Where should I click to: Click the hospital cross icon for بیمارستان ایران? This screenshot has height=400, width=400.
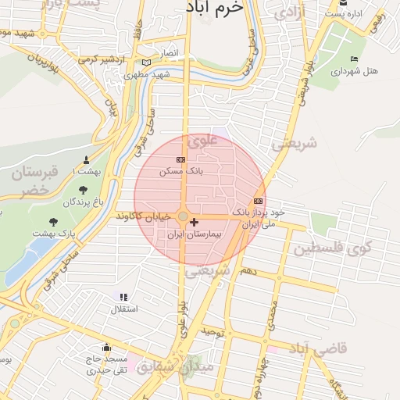(195, 223)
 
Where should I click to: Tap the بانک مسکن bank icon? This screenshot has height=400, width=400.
(182, 159)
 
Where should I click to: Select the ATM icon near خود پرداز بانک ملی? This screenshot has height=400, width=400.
(259, 201)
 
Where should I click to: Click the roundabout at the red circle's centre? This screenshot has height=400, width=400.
(183, 216)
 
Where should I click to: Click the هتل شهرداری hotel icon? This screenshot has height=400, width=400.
(355, 59)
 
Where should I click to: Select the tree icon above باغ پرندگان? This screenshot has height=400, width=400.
(83, 190)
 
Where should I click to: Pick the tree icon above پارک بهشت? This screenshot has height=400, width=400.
(53, 222)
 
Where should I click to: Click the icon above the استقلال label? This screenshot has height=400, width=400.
(122, 297)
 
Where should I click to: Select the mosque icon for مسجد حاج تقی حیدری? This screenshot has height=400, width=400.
(106, 348)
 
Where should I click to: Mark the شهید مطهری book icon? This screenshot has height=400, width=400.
(146, 63)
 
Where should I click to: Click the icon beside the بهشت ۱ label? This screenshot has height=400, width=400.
(86, 160)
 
